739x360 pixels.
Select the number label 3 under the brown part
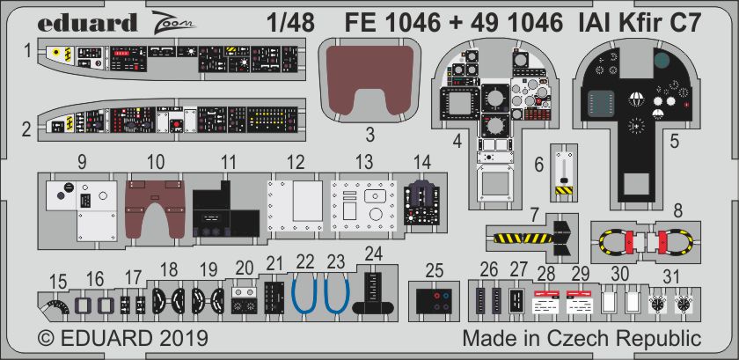pyautogui.click(x=370, y=135)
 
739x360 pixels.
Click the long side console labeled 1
pyautogui.click(x=167, y=60)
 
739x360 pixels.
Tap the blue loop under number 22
pyautogui.click(x=304, y=293)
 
